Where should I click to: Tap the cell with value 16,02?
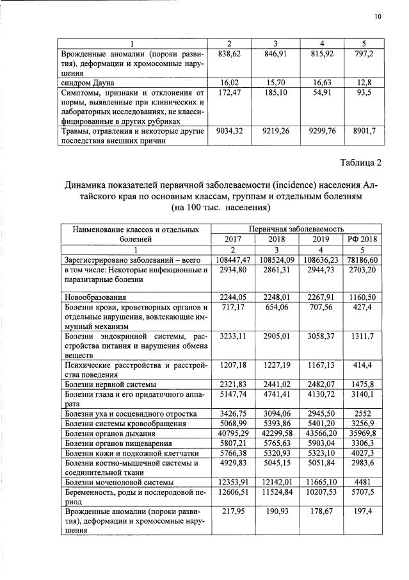tap(229, 83)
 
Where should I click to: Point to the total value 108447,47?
tap(229, 260)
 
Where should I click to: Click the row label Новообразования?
tap(94, 298)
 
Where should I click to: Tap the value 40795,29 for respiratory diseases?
tap(229, 435)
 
